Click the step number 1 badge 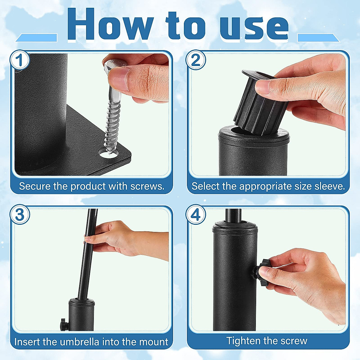point(19,60)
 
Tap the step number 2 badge point(195,60)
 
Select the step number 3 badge point(19,214)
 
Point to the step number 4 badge point(195,214)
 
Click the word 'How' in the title point(110,25)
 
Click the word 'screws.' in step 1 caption point(147,186)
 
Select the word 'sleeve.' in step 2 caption point(329,186)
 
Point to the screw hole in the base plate point(109,154)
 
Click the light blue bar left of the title point(36,38)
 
